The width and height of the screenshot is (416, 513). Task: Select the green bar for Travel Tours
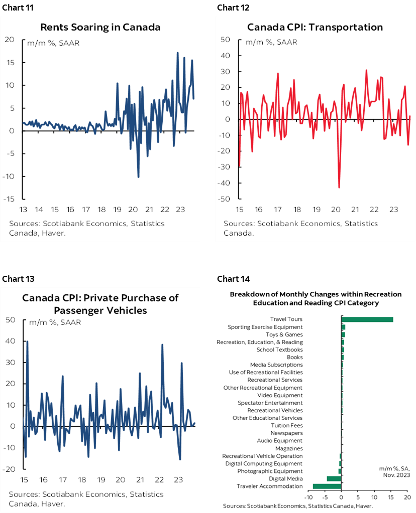point(367,319)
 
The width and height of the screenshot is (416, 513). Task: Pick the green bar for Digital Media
point(334,478)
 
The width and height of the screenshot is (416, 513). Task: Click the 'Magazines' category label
point(289,448)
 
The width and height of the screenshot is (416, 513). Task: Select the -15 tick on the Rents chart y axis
point(10,199)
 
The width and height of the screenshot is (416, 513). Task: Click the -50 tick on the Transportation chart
point(224,199)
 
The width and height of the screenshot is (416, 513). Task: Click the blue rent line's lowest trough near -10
point(138,177)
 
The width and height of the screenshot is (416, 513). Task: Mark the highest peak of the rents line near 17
point(178,53)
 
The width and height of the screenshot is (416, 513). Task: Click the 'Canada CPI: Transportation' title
point(315,27)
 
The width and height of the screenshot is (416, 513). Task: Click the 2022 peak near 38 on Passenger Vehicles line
point(162,345)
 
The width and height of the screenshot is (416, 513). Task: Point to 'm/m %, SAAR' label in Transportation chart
point(271,42)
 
